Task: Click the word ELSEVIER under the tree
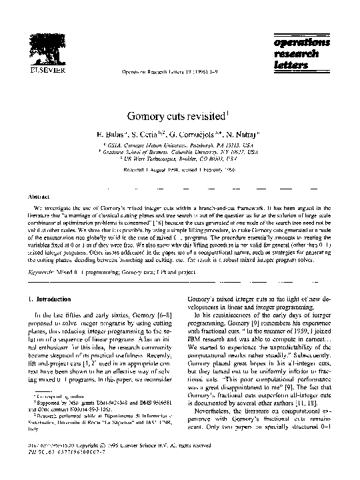(41, 68)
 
